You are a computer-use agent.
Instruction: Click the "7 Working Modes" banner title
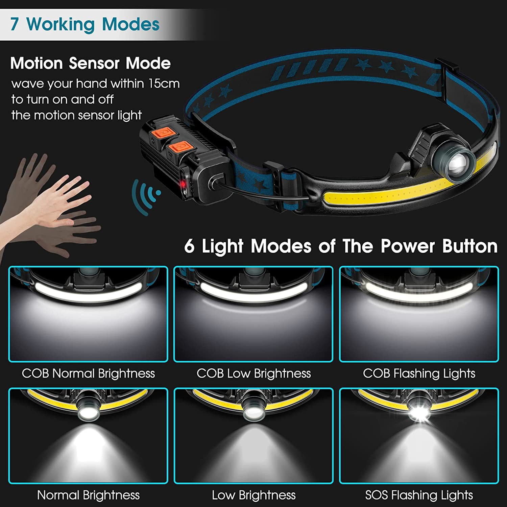tap(84, 24)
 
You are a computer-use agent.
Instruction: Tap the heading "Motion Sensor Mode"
tap(90, 63)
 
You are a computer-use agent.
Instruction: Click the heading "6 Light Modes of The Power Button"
tap(341, 246)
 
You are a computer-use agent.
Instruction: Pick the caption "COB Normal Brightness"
tap(88, 373)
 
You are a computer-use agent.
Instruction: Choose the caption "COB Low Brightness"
tap(254, 373)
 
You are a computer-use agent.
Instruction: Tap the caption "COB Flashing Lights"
tap(419, 373)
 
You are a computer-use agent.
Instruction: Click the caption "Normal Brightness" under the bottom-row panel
tap(88, 495)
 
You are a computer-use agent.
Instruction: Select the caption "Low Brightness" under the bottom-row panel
tap(254, 495)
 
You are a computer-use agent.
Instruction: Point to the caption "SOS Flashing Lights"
tap(419, 495)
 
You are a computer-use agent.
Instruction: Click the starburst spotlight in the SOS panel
tap(419, 413)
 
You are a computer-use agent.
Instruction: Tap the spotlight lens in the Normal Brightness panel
tap(88, 411)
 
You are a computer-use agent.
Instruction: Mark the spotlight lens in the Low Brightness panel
tap(254, 411)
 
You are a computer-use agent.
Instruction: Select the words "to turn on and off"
tap(62, 99)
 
